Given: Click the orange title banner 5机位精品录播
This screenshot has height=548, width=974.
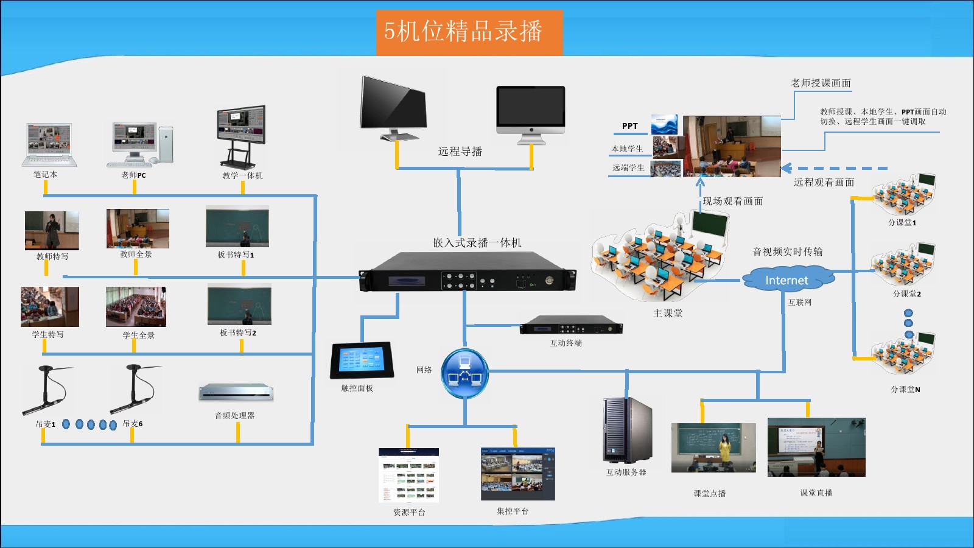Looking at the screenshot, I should (469, 32).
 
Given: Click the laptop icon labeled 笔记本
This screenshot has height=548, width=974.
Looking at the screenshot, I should (49, 144).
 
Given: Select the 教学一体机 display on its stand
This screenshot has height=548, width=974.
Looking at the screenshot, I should (242, 135).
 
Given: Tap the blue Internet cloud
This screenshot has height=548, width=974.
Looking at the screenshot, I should (787, 279).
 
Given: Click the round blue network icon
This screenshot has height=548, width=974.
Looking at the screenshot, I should (465, 373).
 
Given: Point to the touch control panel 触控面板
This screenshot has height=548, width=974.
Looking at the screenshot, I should (361, 360).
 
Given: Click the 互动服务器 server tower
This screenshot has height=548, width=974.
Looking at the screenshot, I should (627, 430).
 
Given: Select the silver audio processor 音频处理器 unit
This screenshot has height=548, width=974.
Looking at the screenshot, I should (236, 393).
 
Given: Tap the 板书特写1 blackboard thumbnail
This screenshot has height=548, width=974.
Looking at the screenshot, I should (237, 227).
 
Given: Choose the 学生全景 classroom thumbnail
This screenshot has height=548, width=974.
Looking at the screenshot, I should (136, 307).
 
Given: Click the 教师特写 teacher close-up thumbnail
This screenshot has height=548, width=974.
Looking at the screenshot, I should (52, 230).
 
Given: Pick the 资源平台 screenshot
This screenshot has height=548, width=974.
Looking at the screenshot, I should (408, 475).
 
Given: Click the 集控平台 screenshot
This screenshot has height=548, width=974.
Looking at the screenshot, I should (517, 474).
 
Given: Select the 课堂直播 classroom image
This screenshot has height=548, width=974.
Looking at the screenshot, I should (816, 447).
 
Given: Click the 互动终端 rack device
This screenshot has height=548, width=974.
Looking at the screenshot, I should (570, 325).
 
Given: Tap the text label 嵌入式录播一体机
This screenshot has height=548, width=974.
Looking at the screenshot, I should (477, 242).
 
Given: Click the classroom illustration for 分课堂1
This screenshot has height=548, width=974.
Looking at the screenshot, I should (903, 194).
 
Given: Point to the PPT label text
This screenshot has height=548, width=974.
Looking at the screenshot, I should (629, 126).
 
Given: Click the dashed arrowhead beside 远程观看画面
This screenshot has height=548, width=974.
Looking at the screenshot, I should (787, 168).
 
